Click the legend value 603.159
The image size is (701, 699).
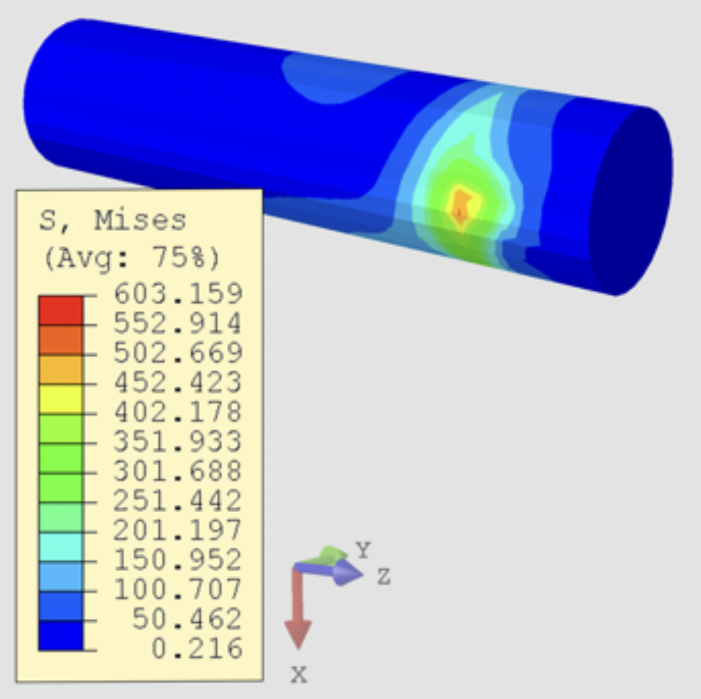pyautogui.click(x=178, y=294)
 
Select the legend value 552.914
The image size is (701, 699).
pyautogui.click(x=178, y=323)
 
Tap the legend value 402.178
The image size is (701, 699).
pyautogui.click(x=178, y=412)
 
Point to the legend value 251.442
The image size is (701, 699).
pyautogui.click(x=178, y=500)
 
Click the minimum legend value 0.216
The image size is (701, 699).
pyautogui.click(x=197, y=648)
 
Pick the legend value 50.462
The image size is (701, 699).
pyautogui.click(x=187, y=619)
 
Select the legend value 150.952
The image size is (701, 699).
pyautogui.click(x=178, y=560)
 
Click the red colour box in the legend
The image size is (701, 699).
pyautogui.click(x=60, y=310)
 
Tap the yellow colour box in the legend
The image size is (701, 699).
pyautogui.click(x=60, y=399)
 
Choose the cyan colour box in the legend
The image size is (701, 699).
pyautogui.click(x=60, y=547)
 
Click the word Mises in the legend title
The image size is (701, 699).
pyautogui.click(x=139, y=220)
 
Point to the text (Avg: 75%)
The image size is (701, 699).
pyautogui.click(x=132, y=258)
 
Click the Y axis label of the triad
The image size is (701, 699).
pyautogui.click(x=363, y=549)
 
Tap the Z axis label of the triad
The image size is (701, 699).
pyautogui.click(x=384, y=576)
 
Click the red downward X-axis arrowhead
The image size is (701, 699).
pyautogui.click(x=298, y=634)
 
